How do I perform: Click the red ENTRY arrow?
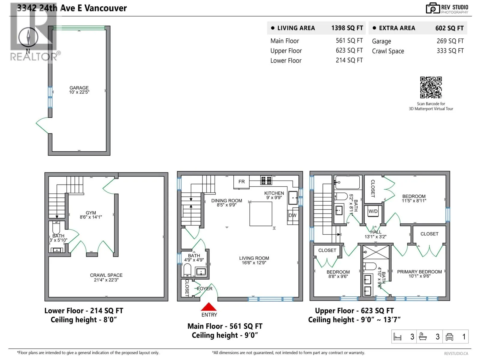point(208,307)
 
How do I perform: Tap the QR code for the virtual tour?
point(431,87)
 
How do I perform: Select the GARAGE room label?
point(79,88)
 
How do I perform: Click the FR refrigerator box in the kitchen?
point(241,181)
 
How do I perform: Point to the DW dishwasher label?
point(292,215)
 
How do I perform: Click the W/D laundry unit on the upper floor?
point(373,211)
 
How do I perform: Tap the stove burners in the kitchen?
point(266,181)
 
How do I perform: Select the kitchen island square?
point(261,214)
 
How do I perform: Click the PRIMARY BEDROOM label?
point(419,272)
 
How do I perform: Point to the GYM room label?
point(91,213)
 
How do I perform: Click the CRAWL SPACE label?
point(106,275)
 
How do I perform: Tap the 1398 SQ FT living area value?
point(347,28)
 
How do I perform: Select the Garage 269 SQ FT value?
point(450,41)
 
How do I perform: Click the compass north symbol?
point(28,37)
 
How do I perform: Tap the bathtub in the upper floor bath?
point(347,182)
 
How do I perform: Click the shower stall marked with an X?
point(376,252)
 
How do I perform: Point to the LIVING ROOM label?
point(254,258)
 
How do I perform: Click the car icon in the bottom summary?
point(449,337)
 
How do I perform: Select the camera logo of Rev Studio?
point(433,8)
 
